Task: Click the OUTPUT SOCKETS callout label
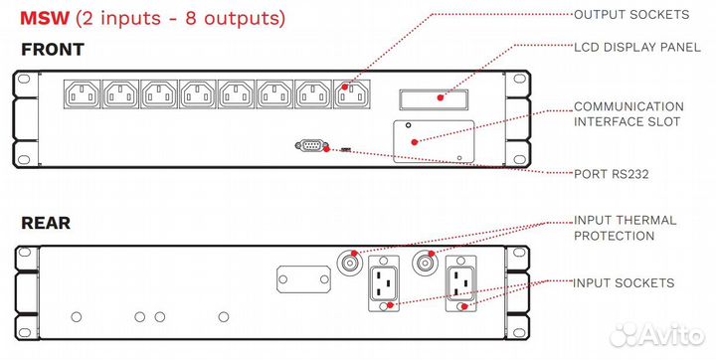coord(631,15)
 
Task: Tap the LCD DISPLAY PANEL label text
coord(637,48)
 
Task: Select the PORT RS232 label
coord(611,174)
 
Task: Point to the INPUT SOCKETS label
coord(624,282)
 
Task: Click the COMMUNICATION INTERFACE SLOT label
coord(628,114)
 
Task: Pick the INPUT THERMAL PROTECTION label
coord(626,228)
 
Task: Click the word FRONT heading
coord(53,50)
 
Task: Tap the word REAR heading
coord(46,223)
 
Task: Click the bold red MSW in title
coord(45,18)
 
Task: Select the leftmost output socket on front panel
coord(83,94)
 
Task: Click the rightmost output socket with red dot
coord(352,94)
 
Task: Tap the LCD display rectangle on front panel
coord(434,99)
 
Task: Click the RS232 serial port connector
coord(311,146)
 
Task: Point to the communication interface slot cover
coord(434,141)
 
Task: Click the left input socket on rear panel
coord(384,283)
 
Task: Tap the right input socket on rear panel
coord(461,283)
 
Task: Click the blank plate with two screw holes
coord(303,279)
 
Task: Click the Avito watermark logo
coord(657,335)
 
